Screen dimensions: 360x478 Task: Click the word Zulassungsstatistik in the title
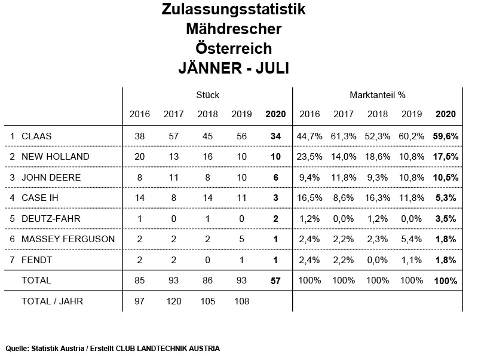pos(234,10)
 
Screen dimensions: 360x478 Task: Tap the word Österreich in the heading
pos(234,48)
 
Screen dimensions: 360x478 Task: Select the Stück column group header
pos(207,95)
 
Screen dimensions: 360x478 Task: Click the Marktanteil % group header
pos(378,95)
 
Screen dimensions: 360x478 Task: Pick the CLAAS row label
pos(36,136)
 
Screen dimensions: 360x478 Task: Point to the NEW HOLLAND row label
pos(56,157)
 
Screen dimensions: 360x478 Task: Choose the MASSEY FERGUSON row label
pos(68,239)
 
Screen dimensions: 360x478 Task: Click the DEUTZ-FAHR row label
pos(51,219)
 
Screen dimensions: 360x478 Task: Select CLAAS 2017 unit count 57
pos(174,136)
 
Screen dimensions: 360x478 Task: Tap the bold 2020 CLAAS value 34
pos(275,136)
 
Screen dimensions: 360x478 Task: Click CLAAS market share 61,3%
pos(344,136)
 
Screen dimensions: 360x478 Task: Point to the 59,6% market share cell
pos(445,136)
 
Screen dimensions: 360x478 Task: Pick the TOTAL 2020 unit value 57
pos(275,280)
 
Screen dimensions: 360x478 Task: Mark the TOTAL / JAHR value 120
pos(174,301)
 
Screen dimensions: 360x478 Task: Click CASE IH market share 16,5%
pos(310,198)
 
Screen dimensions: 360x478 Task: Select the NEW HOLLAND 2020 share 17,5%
pos(445,157)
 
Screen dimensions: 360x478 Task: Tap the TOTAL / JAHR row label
pos(52,301)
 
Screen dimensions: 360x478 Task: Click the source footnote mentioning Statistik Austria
pos(113,348)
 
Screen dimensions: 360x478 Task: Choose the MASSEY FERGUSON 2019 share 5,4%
pos(412,239)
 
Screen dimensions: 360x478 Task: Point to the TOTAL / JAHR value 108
pos(241,301)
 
